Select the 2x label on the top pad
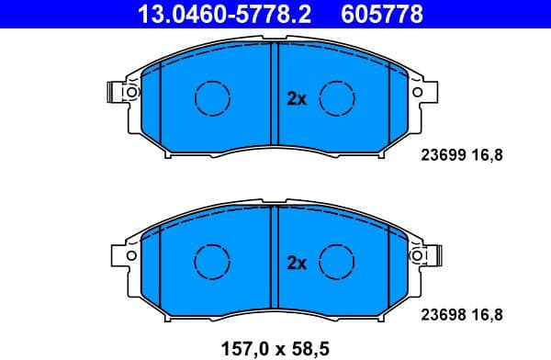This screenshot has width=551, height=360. coord(296,99)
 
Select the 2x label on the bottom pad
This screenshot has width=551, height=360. coord(296,264)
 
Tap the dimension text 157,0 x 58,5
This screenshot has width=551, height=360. coord(275,348)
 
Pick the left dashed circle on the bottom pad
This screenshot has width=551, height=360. coord(213,261)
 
